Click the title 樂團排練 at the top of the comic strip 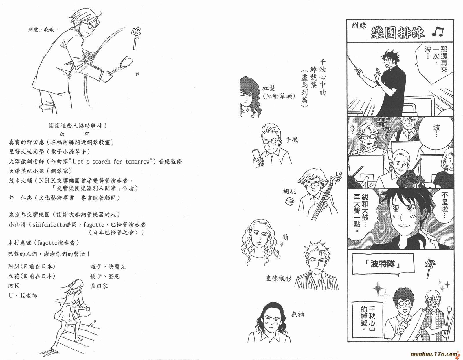[x=398, y=33]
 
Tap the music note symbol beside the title [x=438, y=32]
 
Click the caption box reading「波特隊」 [x=383, y=264]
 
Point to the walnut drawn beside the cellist [x=290, y=202]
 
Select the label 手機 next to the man [x=291, y=140]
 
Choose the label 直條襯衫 [x=278, y=278]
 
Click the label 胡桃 [x=290, y=191]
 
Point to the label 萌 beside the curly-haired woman [x=286, y=237]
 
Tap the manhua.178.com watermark [x=434, y=354]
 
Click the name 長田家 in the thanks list [x=99, y=286]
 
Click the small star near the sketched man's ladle [x=137, y=74]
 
